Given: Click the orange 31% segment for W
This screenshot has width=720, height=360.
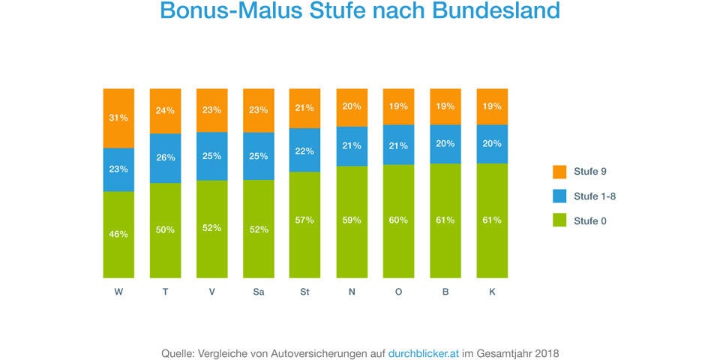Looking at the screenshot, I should pos(118,118).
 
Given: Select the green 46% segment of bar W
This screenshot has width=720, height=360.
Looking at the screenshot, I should pos(118,235).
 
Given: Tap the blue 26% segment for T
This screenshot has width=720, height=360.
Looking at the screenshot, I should pos(165,158).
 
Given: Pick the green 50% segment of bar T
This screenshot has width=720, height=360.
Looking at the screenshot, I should pos(165,230).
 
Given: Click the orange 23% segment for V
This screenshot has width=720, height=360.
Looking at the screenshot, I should pos(211,110).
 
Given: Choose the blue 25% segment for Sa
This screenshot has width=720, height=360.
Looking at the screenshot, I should pos(258,156).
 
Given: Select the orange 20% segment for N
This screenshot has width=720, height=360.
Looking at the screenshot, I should pos(351,107).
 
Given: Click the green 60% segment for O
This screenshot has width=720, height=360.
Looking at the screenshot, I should pos(397,221).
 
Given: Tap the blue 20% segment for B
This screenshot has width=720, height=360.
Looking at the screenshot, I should pos(445,144).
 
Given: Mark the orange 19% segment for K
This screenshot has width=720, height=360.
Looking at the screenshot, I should pos(492,106).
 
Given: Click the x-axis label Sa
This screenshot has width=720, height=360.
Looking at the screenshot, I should pos(258,292).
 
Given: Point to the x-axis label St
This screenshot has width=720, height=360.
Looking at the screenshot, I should pos(304,292).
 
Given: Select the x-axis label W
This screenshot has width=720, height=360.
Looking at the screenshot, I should pos(118,292).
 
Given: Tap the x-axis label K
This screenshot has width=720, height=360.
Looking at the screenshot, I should pos(492,292).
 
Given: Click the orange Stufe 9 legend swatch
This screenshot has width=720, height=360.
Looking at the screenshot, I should pos(559,172).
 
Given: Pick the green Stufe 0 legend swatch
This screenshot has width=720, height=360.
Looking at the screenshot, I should pos(559,220).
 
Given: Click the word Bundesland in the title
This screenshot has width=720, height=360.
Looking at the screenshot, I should pos(494,11).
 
